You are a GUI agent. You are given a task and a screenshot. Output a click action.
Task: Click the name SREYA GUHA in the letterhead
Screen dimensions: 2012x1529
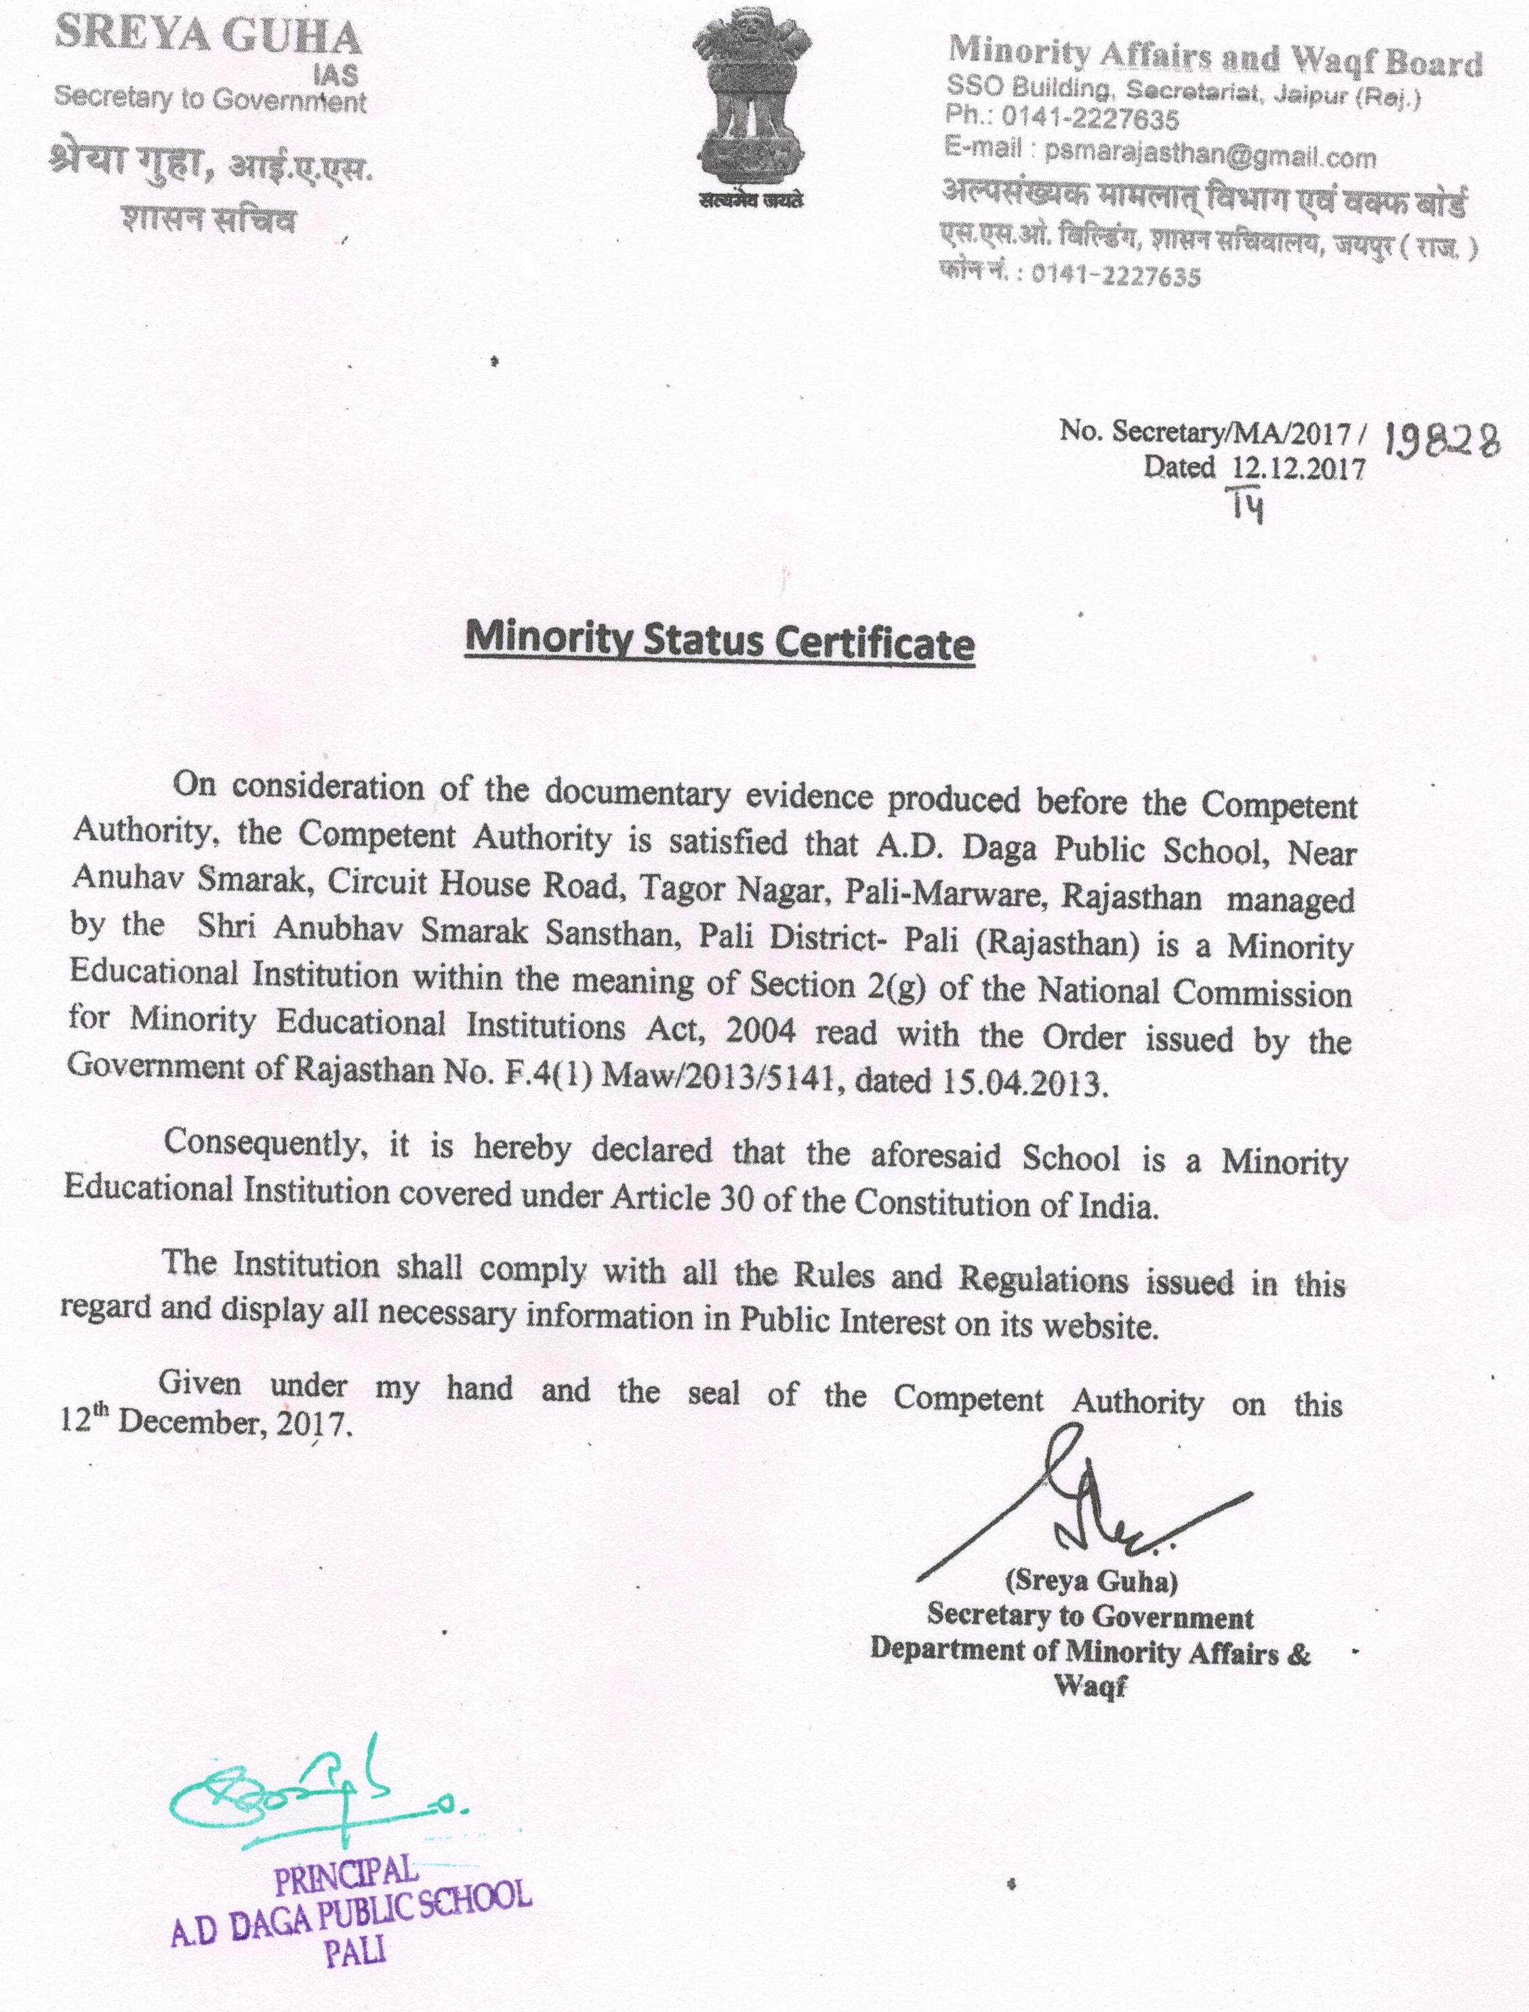click(209, 38)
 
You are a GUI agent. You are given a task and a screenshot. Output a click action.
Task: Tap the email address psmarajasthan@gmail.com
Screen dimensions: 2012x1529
click(1210, 157)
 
